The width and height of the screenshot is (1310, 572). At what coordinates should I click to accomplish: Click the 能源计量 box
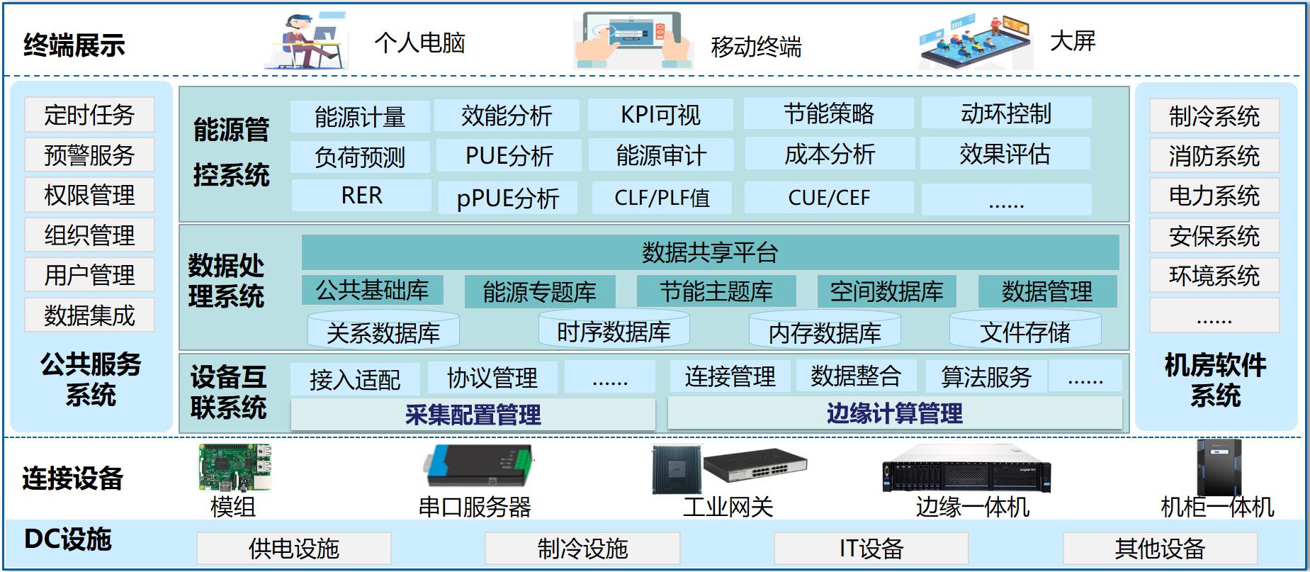pyautogui.click(x=360, y=116)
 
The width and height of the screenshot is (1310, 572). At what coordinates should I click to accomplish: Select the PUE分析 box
pyautogui.click(x=509, y=155)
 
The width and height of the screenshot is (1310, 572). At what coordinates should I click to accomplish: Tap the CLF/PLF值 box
pyautogui.click(x=662, y=197)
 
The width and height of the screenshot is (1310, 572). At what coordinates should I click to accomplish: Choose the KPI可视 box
pyautogui.click(x=660, y=115)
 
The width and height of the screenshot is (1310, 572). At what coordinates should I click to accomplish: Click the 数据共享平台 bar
pyautogui.click(x=710, y=252)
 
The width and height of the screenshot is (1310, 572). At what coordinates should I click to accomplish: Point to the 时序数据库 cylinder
pyautogui.click(x=614, y=330)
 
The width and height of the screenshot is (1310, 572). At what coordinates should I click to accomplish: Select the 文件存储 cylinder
pyautogui.click(x=1024, y=332)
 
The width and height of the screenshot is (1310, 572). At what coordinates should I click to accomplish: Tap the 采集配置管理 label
pyautogui.click(x=473, y=415)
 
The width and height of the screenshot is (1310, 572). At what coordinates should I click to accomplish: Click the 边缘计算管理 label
pyautogui.click(x=894, y=413)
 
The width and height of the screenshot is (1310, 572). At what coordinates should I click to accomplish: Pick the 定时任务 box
pyautogui.click(x=89, y=115)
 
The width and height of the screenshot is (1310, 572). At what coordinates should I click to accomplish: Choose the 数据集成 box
pyautogui.click(x=89, y=315)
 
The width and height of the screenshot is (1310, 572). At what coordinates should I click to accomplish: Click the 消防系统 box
pyautogui.click(x=1214, y=156)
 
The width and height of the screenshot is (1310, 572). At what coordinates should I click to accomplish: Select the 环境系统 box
pyautogui.click(x=1214, y=276)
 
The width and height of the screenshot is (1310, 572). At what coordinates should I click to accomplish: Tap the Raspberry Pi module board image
pyautogui.click(x=235, y=468)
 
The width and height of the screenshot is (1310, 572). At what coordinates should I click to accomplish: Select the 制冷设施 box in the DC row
pyautogui.click(x=582, y=548)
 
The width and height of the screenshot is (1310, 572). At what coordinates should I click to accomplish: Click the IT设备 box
pyautogui.click(x=871, y=548)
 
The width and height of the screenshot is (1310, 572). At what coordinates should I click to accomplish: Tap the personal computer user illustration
pyautogui.click(x=309, y=41)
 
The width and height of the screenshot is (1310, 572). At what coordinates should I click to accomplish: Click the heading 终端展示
pyautogui.click(x=74, y=45)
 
